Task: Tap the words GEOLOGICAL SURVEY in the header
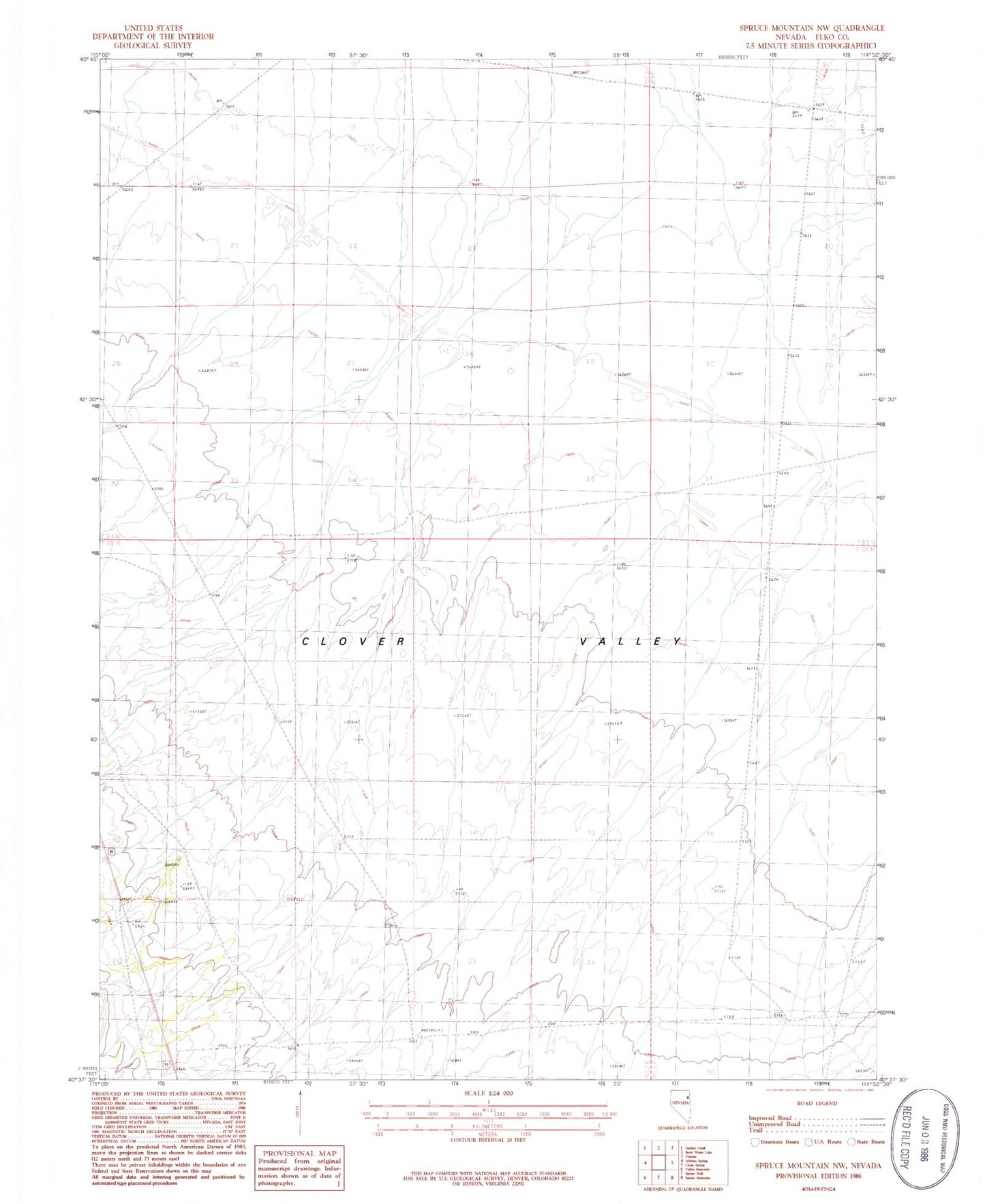pos(153,46)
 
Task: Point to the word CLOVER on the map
pos(354,642)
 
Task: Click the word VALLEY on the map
pos(631,642)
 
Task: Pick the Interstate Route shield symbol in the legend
pos(755,1142)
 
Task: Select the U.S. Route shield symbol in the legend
pos(808,1142)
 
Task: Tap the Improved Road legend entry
pos(770,1118)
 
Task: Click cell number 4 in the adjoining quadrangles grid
pos(646,1162)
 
